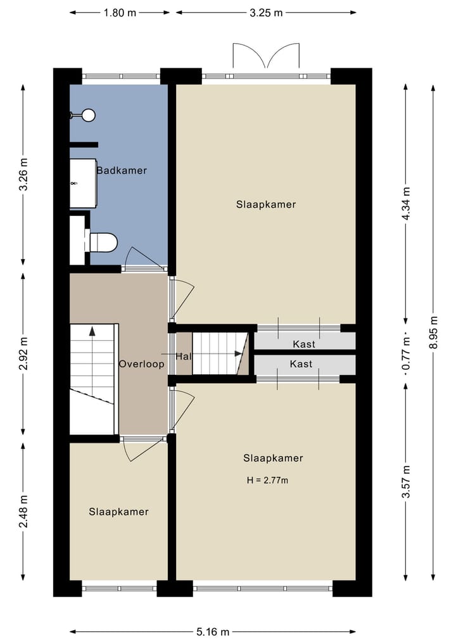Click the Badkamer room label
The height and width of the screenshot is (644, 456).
(122, 170)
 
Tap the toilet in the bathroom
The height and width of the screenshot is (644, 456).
(104, 243)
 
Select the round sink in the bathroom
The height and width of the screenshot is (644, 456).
(88, 115)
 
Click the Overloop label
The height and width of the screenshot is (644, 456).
(141, 364)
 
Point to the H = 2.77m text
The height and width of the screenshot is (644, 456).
(267, 480)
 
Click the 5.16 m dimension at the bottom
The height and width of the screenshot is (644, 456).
(212, 631)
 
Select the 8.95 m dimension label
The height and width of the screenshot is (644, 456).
(433, 332)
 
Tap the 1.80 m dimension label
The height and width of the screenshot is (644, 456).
(120, 12)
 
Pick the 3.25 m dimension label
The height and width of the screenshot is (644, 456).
(266, 12)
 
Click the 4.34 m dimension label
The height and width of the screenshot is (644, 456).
(406, 203)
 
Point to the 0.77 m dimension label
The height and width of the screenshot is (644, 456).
(406, 351)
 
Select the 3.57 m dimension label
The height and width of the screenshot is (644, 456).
(406, 482)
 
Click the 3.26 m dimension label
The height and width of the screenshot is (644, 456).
(23, 175)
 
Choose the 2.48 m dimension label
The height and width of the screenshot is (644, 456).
(23, 512)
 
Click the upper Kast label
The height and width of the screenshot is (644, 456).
(304, 344)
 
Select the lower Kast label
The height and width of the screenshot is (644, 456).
(301, 364)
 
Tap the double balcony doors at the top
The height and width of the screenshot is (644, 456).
(266, 56)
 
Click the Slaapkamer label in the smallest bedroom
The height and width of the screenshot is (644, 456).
(118, 512)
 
